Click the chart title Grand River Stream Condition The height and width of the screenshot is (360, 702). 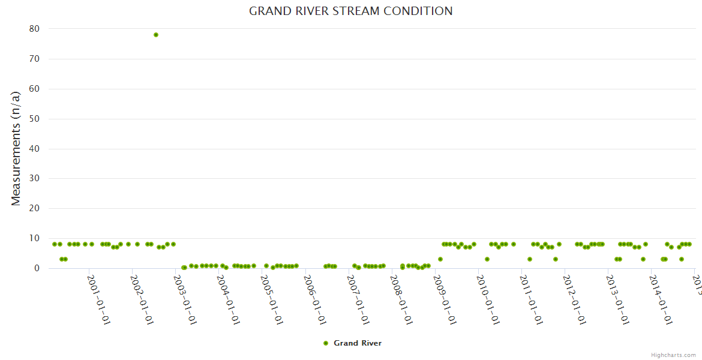[351, 11]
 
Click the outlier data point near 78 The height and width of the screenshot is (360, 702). [156, 35]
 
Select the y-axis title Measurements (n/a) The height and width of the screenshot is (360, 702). [16, 148]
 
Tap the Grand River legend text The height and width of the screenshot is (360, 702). [358, 343]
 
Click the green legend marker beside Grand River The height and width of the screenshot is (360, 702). [326, 343]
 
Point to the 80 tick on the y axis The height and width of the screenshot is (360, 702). [34, 29]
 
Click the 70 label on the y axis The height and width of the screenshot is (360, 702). [34, 59]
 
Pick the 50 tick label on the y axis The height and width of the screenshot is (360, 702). [34, 119]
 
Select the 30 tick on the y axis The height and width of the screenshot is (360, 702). [34, 178]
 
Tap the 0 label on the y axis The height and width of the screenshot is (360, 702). [37, 268]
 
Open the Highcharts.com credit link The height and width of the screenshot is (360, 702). [673, 355]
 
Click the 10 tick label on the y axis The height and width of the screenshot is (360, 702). [34, 238]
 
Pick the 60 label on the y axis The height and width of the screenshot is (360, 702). [34, 89]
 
